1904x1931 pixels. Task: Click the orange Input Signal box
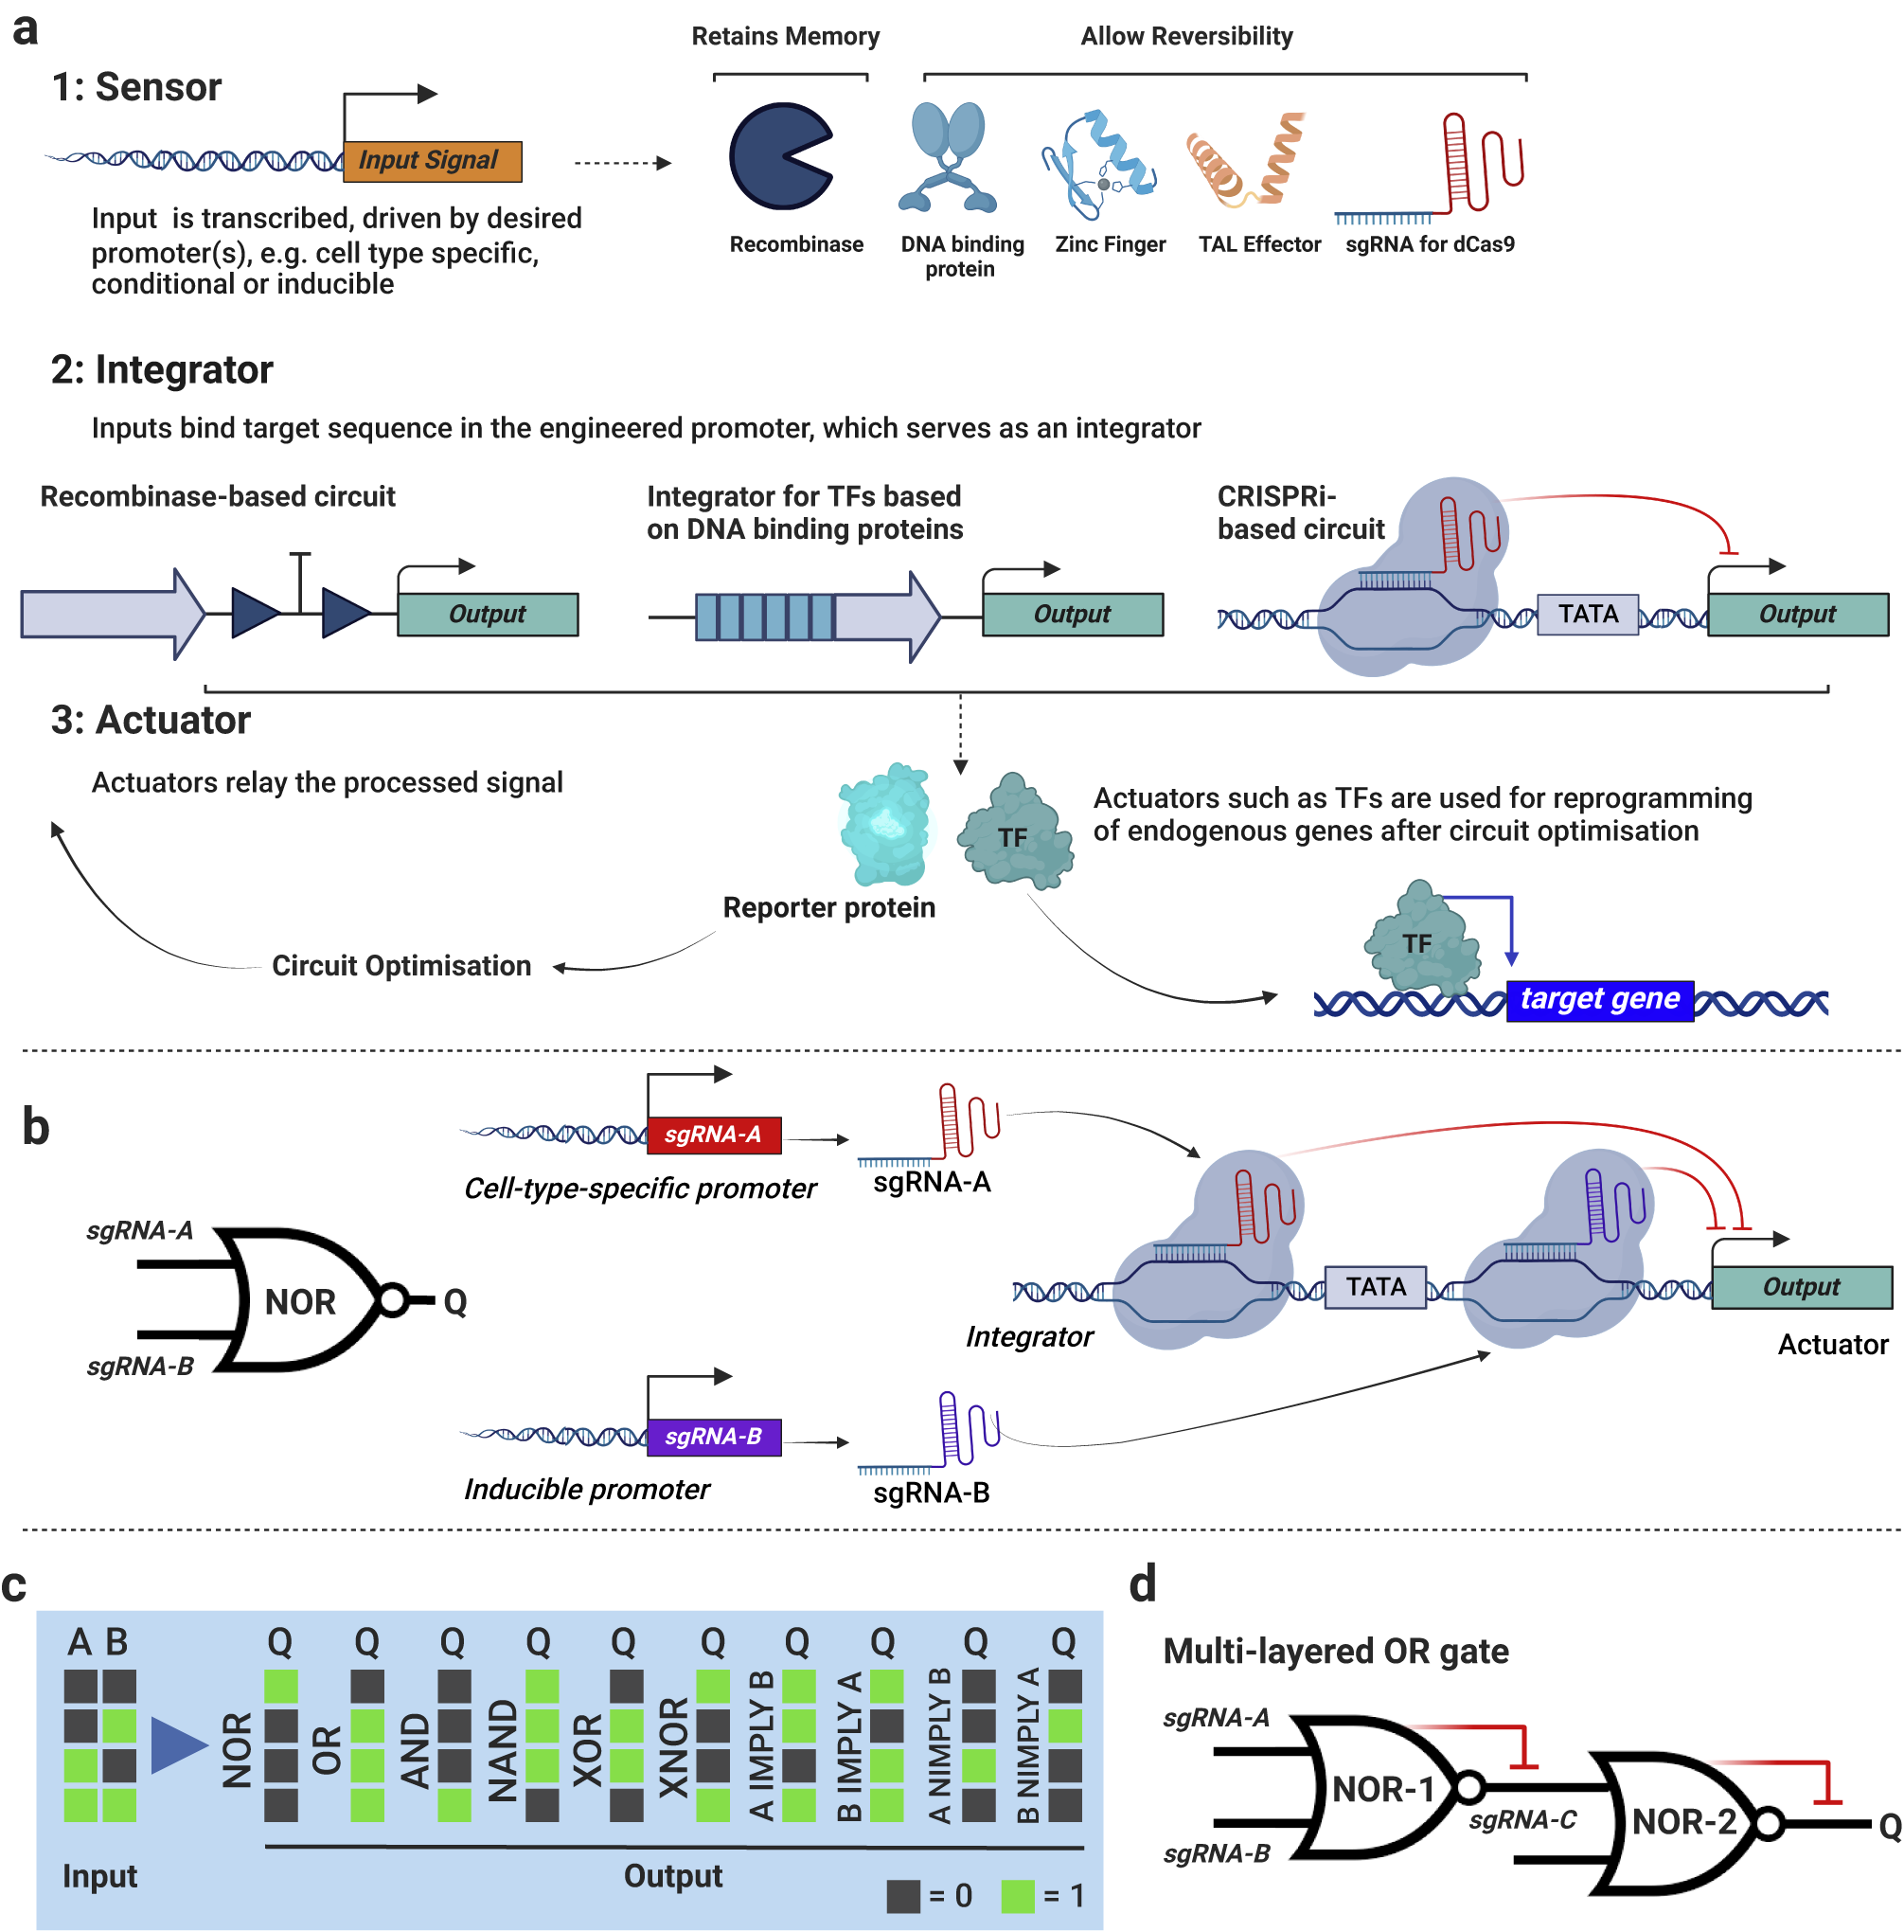click(431, 161)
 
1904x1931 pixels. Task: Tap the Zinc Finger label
click(1109, 244)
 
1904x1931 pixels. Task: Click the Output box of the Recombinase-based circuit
click(487, 614)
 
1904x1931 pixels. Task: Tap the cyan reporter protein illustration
click(884, 825)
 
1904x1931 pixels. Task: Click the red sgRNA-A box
click(713, 1134)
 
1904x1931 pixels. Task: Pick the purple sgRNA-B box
click(713, 1436)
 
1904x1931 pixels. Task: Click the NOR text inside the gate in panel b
click(300, 1301)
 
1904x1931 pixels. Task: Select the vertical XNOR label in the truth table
click(672, 1745)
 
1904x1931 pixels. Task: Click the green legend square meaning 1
click(1017, 1895)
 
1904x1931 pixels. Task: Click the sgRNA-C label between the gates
click(1521, 1819)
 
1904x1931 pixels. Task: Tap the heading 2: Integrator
click(162, 369)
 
